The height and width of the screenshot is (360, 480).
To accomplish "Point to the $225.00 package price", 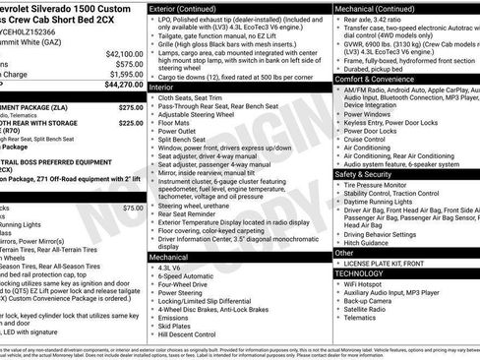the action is (x=130, y=123).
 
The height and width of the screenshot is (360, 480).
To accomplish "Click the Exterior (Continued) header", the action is (x=190, y=7).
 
